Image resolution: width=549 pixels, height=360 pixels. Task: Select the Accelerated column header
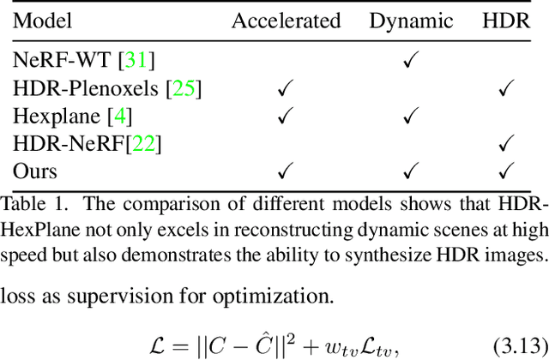tap(286, 21)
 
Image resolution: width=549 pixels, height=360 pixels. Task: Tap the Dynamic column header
tap(411, 21)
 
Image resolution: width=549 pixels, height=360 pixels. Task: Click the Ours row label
tap(35, 171)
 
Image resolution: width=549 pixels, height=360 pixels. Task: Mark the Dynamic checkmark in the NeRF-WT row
tap(411, 61)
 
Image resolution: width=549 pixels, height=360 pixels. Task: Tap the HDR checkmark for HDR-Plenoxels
tap(506, 88)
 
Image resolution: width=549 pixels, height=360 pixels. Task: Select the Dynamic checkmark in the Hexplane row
tap(411, 116)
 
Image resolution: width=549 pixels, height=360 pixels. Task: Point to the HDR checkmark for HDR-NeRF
tap(506, 143)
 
